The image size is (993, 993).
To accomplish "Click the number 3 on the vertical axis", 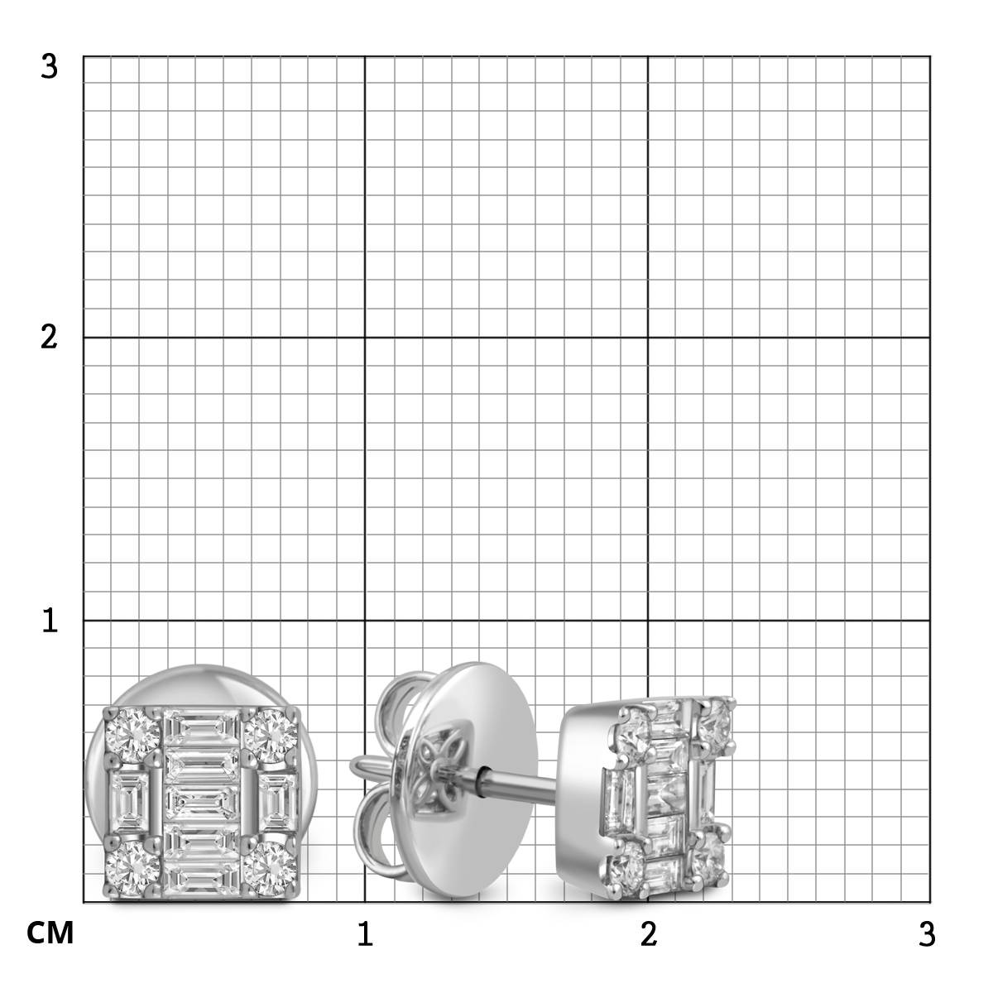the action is tap(49, 67).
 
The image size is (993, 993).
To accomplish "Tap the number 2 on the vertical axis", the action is tap(49, 338).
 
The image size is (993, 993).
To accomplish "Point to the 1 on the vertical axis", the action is tap(50, 621).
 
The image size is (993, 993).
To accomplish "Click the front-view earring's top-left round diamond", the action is tap(132, 736).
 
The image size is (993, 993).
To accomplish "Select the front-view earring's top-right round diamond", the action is tap(271, 736).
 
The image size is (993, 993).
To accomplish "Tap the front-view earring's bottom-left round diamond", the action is tap(132, 869).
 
